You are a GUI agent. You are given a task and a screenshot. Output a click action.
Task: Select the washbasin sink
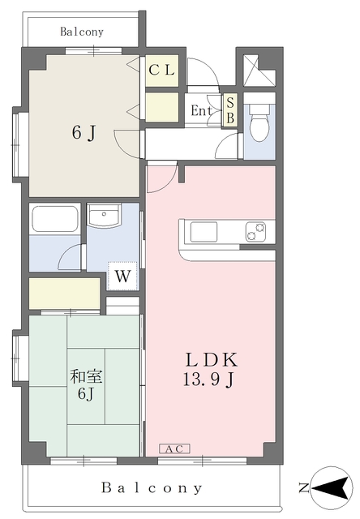click(104, 217)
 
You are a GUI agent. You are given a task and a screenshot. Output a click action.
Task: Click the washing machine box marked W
click(122, 276)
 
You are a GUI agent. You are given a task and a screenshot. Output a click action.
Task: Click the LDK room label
click(213, 359)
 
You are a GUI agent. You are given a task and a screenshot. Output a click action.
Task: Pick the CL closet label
click(161, 70)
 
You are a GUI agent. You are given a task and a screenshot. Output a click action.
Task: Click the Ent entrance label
click(202, 111)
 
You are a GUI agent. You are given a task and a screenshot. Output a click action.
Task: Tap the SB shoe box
click(229, 111)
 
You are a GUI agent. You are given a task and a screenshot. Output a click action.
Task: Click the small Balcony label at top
click(82, 32)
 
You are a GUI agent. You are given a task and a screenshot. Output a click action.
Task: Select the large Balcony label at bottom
click(152, 488)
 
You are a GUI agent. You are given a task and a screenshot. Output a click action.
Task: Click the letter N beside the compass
click(302, 488)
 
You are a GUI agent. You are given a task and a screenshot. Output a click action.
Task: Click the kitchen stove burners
click(255, 232)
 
